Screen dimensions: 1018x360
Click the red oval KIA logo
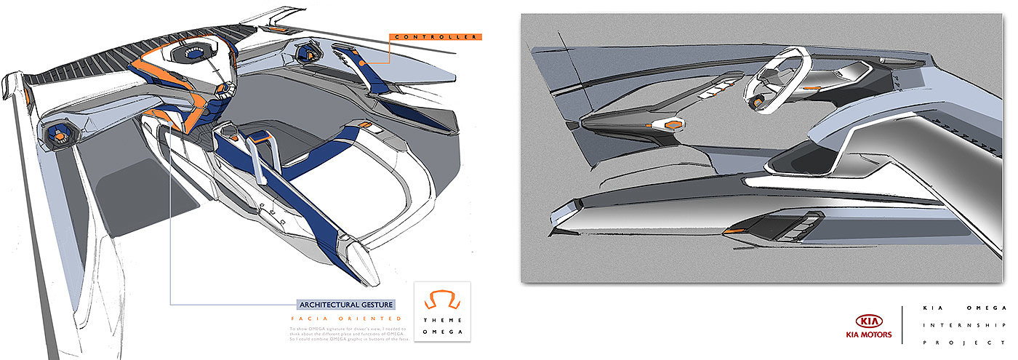[868, 321]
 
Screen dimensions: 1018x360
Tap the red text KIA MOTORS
[868, 337]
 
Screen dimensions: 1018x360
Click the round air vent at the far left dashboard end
[58, 135]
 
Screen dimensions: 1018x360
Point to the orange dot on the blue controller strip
[361, 63]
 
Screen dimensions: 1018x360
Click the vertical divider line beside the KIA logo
[902, 324]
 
